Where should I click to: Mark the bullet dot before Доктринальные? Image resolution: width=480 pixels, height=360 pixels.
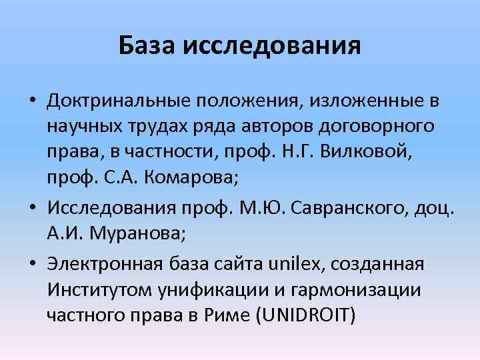click(33, 102)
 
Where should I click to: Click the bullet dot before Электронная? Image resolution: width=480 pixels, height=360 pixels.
click(33, 265)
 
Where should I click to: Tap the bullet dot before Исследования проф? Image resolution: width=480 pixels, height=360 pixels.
click(33, 209)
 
